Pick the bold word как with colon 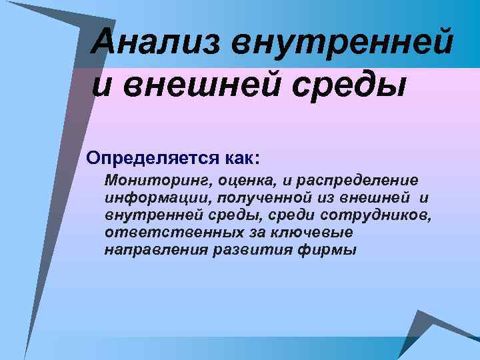pos(237,158)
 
